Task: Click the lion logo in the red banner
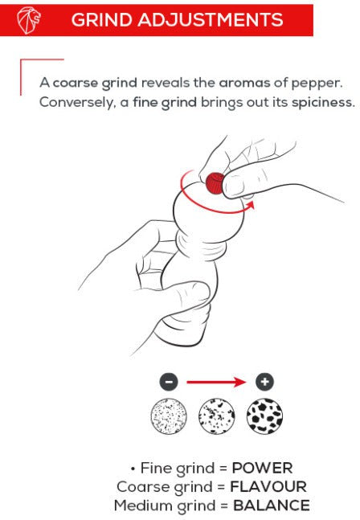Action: (x=28, y=20)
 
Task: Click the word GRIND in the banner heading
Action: (x=102, y=20)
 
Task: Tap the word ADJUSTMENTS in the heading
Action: (x=211, y=20)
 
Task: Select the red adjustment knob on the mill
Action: (x=215, y=182)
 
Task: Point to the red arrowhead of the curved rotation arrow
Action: (x=250, y=205)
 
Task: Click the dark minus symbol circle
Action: (x=169, y=382)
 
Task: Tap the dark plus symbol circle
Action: (x=264, y=382)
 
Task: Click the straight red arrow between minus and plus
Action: (x=216, y=382)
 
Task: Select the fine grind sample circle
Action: (x=169, y=416)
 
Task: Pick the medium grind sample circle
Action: (x=217, y=416)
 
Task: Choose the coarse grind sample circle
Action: (x=264, y=416)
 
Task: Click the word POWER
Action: (x=262, y=468)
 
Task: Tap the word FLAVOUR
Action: (x=268, y=486)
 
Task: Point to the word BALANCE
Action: (x=272, y=506)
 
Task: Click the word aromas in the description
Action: (x=244, y=83)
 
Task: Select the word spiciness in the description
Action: (x=323, y=103)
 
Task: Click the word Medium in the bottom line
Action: (x=142, y=506)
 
